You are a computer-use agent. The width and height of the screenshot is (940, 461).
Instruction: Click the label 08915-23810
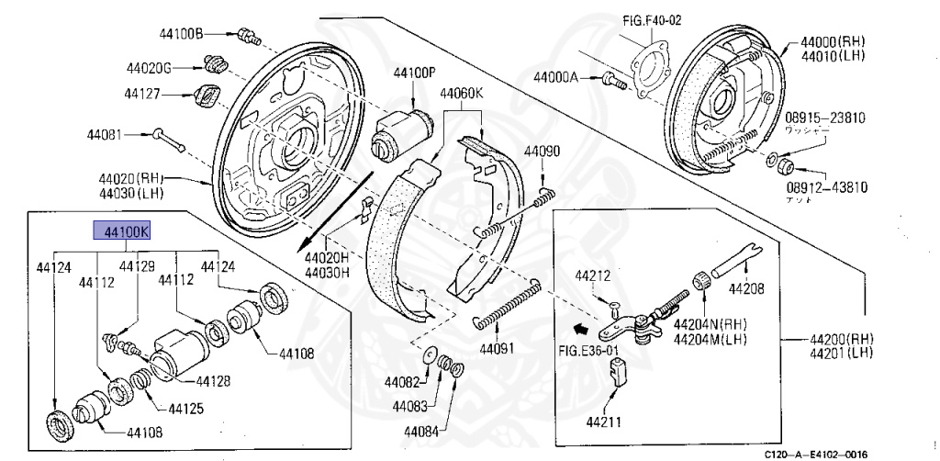(x=825, y=118)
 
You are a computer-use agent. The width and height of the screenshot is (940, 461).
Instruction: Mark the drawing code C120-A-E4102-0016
(x=816, y=454)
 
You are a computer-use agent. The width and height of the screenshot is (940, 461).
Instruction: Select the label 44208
(x=745, y=288)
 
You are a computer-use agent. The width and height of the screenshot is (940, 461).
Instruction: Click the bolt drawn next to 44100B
(x=245, y=37)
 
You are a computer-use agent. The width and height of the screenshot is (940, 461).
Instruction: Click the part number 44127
(x=147, y=93)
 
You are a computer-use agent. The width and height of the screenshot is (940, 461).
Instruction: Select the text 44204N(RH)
(x=710, y=324)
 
